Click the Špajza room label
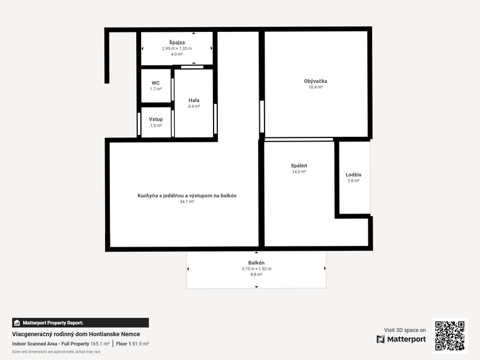176,42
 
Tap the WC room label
155,83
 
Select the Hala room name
194,100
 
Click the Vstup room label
155,119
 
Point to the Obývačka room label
316,81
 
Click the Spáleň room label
299,166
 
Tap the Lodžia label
353,175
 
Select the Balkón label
256,263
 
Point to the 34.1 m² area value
187,202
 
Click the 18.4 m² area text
316,88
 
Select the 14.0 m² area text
299,172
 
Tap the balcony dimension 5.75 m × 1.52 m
256,269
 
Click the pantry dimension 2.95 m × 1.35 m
176,48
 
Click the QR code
449,335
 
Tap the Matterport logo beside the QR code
401,339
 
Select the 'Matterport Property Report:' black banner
80,323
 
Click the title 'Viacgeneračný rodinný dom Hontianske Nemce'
76,334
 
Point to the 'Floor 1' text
124,344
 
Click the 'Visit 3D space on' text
405,330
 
